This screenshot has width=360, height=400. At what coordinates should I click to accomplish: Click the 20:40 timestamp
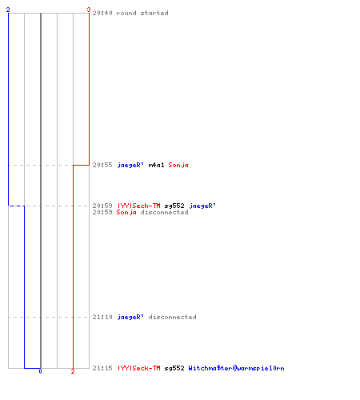pyautogui.click(x=102, y=13)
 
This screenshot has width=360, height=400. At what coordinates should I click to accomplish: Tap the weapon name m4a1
pyautogui.click(x=156, y=165)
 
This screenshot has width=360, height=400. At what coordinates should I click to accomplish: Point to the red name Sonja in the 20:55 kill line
pyautogui.click(x=178, y=166)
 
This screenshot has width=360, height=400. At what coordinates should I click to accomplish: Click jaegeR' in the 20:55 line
pyautogui.click(x=130, y=166)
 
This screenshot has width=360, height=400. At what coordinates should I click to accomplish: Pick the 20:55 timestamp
pyautogui.click(x=102, y=165)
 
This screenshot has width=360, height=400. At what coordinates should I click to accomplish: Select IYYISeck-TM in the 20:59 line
pyautogui.click(x=138, y=206)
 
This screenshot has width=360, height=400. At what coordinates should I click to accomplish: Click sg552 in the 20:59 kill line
pyautogui.click(x=174, y=206)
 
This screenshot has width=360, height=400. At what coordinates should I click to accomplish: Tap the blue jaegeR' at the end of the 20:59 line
pyautogui.click(x=202, y=206)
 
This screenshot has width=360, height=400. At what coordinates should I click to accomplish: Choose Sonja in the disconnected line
pyautogui.click(x=126, y=213)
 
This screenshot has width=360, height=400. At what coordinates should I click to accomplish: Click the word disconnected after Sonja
pyautogui.click(x=164, y=212)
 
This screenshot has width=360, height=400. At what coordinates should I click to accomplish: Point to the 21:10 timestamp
pyautogui.click(x=102, y=317)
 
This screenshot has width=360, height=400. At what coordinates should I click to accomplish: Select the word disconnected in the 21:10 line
pyautogui.click(x=172, y=317)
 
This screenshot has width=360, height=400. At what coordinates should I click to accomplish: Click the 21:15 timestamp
pyautogui.click(x=102, y=368)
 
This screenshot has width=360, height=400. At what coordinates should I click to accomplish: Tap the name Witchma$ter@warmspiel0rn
pyautogui.click(x=236, y=368)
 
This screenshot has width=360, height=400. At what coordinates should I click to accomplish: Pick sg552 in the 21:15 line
pyautogui.click(x=174, y=368)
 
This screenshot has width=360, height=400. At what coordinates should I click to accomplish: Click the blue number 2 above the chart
pyautogui.click(x=8, y=10)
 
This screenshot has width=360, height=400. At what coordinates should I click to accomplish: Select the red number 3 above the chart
pyautogui.click(x=89, y=10)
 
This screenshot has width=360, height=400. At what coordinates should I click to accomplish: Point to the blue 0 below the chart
pyautogui.click(x=40, y=371)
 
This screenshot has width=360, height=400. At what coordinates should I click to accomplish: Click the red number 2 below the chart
pyautogui.click(x=73, y=371)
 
